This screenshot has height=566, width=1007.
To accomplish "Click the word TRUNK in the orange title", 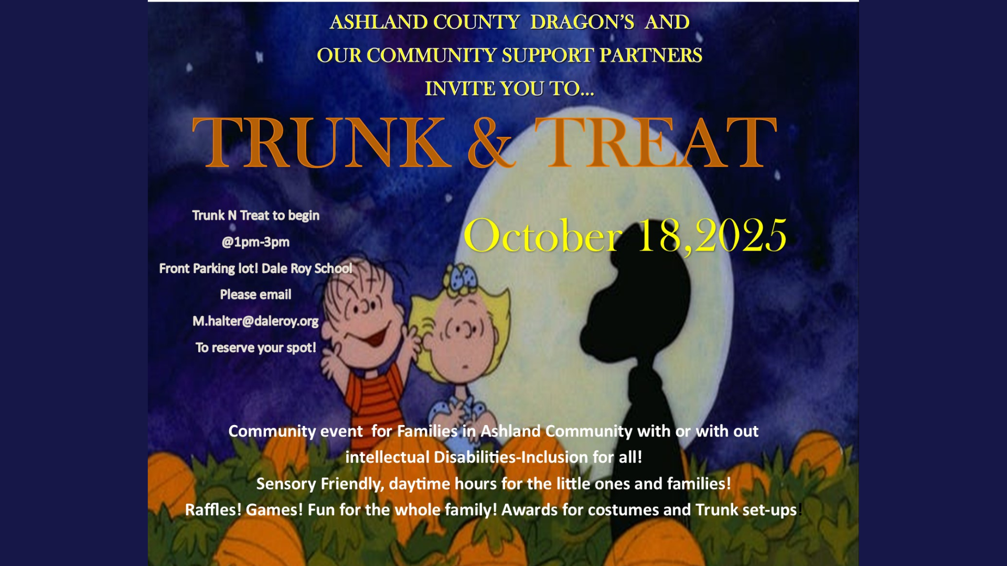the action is (322, 142).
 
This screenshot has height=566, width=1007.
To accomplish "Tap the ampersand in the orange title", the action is (490, 142).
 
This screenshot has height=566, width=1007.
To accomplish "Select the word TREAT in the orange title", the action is (656, 142).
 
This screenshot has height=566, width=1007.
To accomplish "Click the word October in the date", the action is (543, 236).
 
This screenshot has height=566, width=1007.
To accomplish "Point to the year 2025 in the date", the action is (741, 236).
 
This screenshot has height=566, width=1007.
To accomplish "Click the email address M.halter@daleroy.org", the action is (255, 321).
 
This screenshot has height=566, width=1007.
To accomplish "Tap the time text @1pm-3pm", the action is (255, 242).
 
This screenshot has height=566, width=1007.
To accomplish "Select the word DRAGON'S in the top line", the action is (582, 22).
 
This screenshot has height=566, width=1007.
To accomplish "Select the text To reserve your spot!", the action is (255, 347).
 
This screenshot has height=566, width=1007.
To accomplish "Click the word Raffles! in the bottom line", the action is (213, 509).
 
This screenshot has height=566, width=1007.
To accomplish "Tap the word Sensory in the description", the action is (286, 484).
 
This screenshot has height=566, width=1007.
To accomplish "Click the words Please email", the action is (255, 295).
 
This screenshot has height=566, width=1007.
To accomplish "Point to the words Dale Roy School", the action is (307, 268).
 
